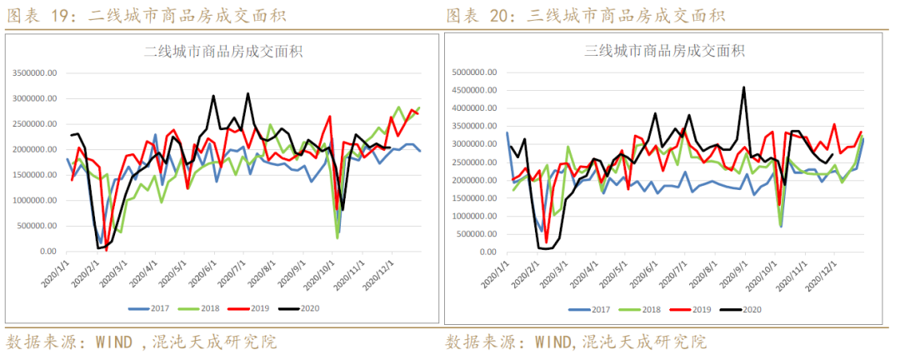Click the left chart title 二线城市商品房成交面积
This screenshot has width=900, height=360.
click(223, 51)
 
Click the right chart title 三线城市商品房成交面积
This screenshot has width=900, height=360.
click(663, 51)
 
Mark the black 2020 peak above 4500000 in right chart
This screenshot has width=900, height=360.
click(743, 87)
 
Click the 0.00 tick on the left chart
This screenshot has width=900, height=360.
click(47, 252)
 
